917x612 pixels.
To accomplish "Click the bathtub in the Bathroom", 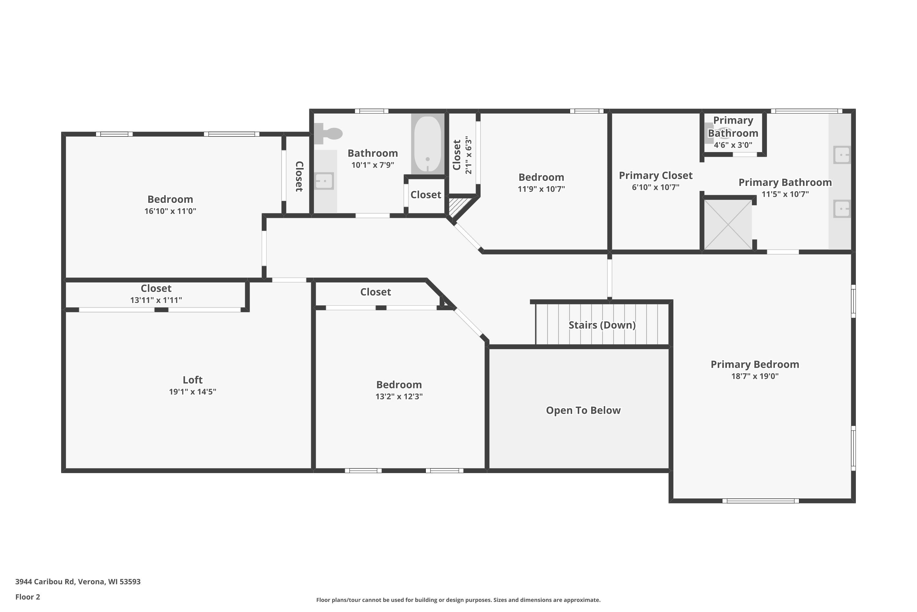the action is [428, 144].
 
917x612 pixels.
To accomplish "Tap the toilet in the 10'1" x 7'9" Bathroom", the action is [328, 133].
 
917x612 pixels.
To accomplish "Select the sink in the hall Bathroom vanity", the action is [324, 181].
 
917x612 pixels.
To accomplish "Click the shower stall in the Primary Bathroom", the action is [728, 224].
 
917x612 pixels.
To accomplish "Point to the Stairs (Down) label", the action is [602, 325].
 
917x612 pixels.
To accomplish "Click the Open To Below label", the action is [583, 410].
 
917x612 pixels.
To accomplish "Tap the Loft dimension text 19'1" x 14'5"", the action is [193, 391].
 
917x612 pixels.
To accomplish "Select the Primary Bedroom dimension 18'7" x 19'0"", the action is [755, 376].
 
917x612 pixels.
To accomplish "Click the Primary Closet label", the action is [656, 175].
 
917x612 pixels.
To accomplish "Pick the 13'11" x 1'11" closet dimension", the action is [156, 300].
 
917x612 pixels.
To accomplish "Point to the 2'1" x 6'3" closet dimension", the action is [468, 155].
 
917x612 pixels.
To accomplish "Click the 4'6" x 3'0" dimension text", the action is [733, 145].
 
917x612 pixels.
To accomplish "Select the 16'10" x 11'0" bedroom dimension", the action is [170, 211].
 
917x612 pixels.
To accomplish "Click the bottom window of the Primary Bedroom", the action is [760, 501].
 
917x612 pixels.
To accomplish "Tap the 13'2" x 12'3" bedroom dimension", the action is [399, 396].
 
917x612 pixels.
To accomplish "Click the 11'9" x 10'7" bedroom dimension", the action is [541, 188].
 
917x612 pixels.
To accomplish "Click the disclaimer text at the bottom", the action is [458, 600].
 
